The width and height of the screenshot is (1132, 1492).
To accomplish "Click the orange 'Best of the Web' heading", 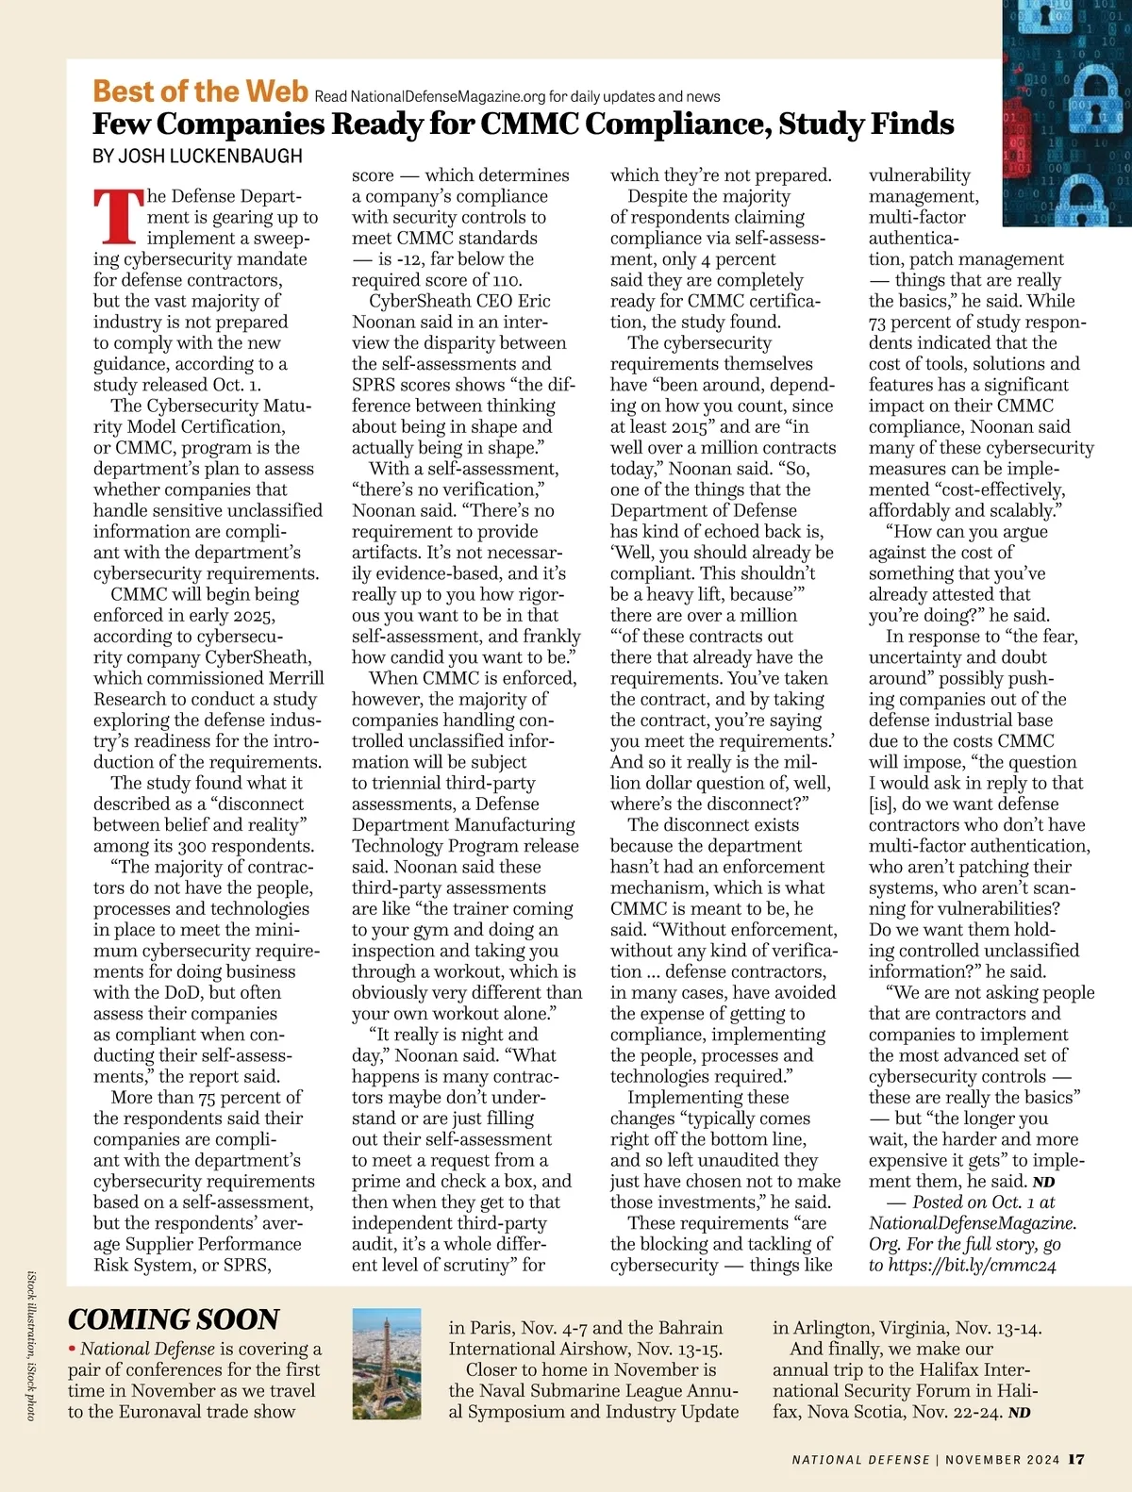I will (x=200, y=91).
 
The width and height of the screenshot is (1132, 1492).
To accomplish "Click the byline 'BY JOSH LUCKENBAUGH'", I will (x=197, y=156).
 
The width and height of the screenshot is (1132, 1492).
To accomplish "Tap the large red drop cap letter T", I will (x=118, y=216).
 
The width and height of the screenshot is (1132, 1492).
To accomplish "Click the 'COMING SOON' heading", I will (x=174, y=1319).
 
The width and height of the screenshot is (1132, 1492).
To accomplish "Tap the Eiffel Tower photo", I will (x=387, y=1364).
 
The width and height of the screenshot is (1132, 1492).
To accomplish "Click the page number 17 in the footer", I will (x=1076, y=1459).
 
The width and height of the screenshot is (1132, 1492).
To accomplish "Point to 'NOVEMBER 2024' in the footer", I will (x=1003, y=1460).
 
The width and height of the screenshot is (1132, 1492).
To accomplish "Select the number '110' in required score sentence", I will (x=505, y=280).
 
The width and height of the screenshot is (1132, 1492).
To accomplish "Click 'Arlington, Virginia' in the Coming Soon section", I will (x=873, y=1328).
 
